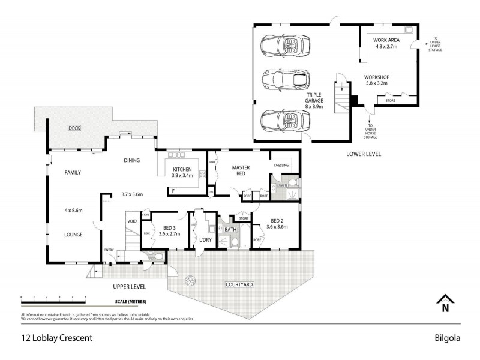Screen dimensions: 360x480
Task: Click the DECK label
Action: click(x=74, y=128)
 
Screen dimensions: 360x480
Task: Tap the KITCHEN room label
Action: click(x=182, y=169)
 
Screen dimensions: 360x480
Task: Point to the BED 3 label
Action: click(x=169, y=227)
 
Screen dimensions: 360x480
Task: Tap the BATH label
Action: click(x=231, y=229)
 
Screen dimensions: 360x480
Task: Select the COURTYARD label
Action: click(x=239, y=284)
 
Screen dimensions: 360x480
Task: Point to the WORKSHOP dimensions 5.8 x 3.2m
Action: click(x=377, y=84)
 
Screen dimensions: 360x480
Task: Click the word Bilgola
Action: click(x=447, y=337)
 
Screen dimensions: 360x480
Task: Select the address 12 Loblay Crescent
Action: click(x=56, y=337)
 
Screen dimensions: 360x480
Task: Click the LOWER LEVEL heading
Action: click(x=364, y=154)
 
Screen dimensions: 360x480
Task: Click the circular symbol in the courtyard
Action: click(x=191, y=280)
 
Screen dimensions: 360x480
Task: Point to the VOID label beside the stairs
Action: click(x=131, y=220)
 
